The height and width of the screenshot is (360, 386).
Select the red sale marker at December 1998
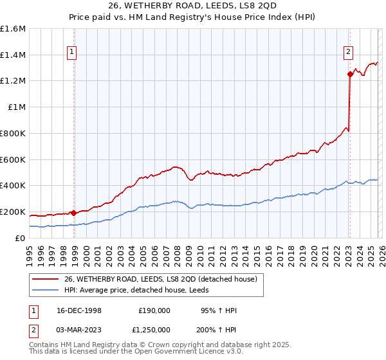pyautogui.click(x=73, y=213)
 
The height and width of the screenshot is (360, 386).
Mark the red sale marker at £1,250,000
pyautogui.click(x=350, y=75)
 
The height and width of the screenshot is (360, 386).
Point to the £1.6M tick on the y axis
pyautogui.click(x=13, y=29)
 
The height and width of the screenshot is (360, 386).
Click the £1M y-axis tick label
pyautogui.click(x=15, y=107)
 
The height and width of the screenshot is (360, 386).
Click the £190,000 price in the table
pyautogui.click(x=154, y=310)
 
